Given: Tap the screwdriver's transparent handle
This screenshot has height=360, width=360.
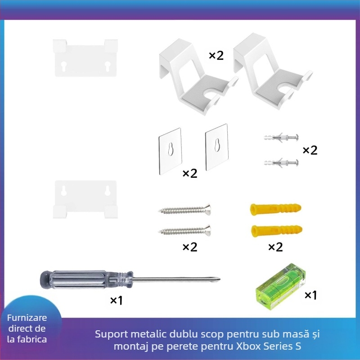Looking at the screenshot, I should pos(85,279).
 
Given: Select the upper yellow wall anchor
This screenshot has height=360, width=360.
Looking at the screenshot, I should pos(275,209).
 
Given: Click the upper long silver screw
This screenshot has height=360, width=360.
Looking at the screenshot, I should pos(184,209).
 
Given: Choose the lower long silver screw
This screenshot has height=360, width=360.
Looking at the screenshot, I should pos(184,231).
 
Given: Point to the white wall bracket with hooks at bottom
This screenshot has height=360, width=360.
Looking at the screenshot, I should pos(85,198).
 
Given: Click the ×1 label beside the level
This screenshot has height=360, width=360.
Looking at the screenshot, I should pos(311,295).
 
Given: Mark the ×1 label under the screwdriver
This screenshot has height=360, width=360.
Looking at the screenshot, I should pos(116,301).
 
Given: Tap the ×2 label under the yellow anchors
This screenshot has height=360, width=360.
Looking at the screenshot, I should pos(275,247).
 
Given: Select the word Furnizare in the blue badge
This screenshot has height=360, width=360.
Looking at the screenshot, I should pos(27,318).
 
